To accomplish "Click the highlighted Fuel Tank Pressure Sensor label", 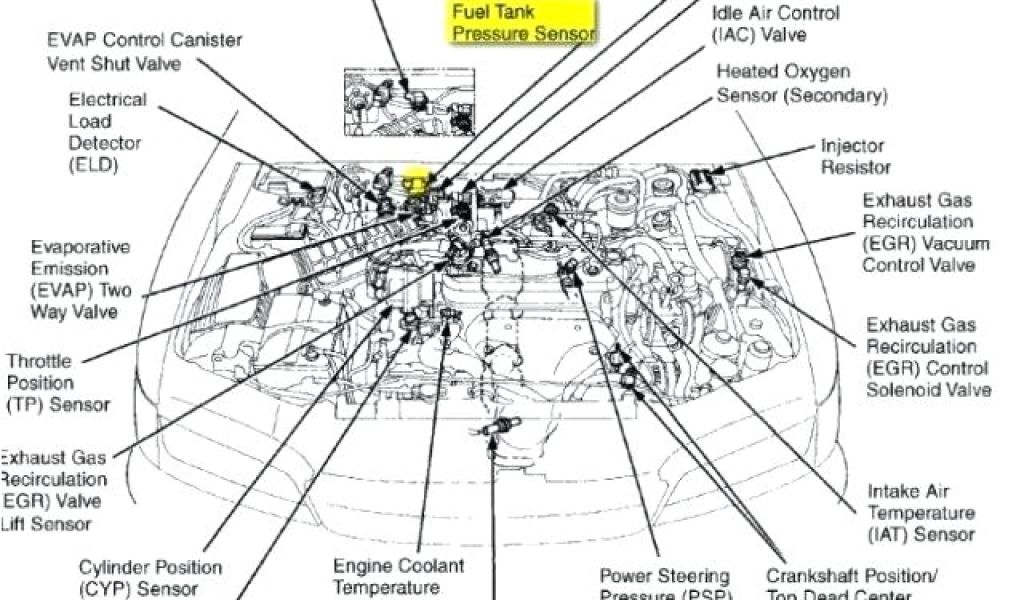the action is (523, 22).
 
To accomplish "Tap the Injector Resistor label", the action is (855, 156).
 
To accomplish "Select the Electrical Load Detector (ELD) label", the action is (106, 132).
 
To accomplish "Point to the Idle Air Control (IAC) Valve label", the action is (775, 25).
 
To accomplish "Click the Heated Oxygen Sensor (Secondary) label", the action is (801, 84).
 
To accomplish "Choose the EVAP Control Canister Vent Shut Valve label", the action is (144, 51).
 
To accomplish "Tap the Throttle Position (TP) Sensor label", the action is (56, 383).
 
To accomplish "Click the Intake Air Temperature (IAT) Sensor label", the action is (920, 513).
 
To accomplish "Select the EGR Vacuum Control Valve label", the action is (925, 232).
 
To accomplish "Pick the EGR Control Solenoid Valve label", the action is (928, 357).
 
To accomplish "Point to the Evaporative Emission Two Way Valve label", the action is (80, 279).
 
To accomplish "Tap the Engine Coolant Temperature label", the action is (398, 577).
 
